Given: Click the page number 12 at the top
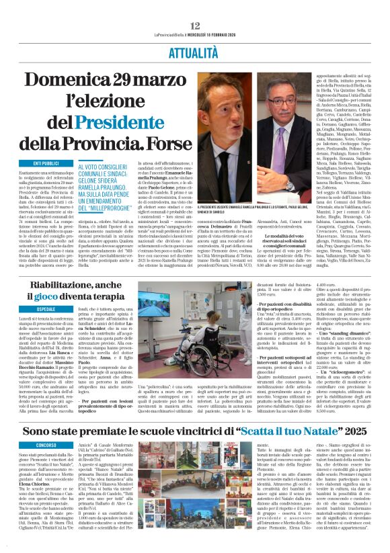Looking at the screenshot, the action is coord(195,6).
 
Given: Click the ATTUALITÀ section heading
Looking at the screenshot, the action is coord(195,32).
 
